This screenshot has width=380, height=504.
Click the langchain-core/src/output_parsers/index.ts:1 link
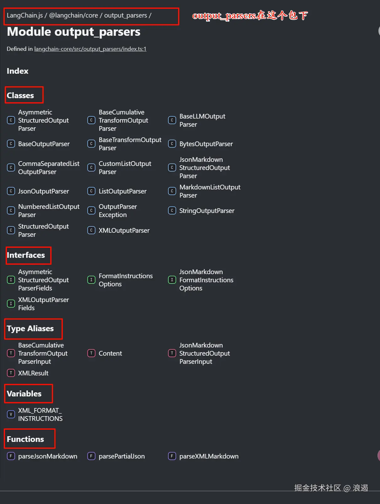click(x=90, y=49)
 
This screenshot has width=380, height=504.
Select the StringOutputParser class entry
click(x=207, y=211)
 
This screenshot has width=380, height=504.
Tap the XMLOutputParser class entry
click(x=124, y=231)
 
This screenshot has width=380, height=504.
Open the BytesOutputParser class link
click(x=206, y=144)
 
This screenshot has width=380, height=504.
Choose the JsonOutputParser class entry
click(x=43, y=191)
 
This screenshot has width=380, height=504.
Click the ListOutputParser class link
click(x=122, y=191)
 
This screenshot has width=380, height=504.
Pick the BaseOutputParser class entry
click(x=44, y=144)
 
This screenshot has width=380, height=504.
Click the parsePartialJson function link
click(x=122, y=456)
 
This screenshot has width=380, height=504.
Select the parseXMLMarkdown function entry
click(x=209, y=456)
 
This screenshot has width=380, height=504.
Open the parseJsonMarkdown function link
click(x=47, y=456)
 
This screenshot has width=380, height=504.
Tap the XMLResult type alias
click(x=33, y=373)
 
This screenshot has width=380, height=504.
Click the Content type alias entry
click(x=110, y=353)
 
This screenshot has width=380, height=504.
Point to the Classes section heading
click(x=20, y=95)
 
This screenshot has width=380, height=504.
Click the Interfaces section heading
click(x=26, y=255)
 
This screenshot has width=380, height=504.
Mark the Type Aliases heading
click(x=30, y=328)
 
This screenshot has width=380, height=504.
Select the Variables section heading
click(x=24, y=394)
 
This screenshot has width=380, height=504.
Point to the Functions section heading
click(x=25, y=439)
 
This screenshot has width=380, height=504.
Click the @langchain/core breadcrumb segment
click(x=73, y=15)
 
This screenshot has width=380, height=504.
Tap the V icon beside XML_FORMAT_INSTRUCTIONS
click(x=11, y=414)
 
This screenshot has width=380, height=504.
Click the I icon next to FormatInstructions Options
click(x=91, y=280)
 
